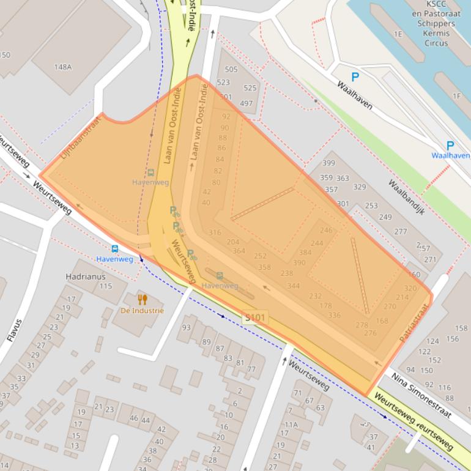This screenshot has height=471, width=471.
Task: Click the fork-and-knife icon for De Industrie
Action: pyautogui.click(x=143, y=299)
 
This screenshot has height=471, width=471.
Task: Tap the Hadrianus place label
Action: pyautogui.click(x=81, y=276)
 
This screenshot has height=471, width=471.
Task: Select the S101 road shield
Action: pyautogui.click(x=254, y=317)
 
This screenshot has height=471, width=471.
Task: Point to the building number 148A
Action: pyautogui.click(x=62, y=67)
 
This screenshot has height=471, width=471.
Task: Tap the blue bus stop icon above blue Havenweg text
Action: pyautogui.click(x=114, y=248)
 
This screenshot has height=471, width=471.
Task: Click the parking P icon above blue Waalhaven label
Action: pyautogui.click(x=450, y=146)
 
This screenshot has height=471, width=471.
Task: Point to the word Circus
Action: pyautogui.click(x=436, y=43)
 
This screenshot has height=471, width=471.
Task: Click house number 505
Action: pyautogui.click(x=231, y=70)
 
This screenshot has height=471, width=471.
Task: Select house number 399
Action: pyautogui.click(x=328, y=163)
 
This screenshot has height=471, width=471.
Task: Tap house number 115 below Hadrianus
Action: pyautogui.click(x=105, y=286)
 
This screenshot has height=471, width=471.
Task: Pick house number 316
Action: pyautogui.click(x=215, y=232)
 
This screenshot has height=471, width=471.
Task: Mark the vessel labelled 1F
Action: pyautogui.click(x=456, y=96)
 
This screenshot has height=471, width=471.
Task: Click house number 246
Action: pyautogui.click(x=327, y=230)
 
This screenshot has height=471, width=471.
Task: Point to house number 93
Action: pyautogui.click(x=186, y=327)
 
